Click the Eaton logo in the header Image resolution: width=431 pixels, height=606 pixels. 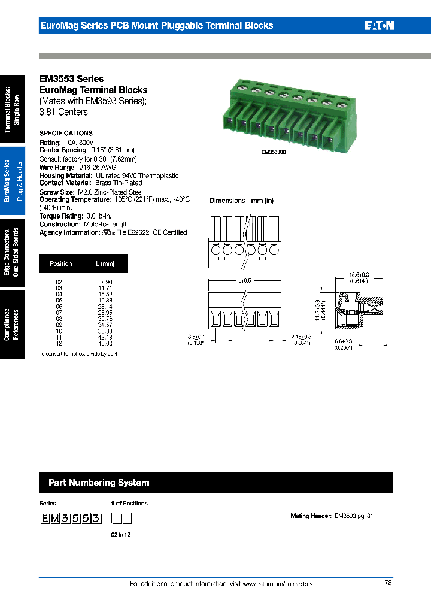pyautogui.click(x=379, y=26)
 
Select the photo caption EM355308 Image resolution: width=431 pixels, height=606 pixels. pyautogui.click(x=274, y=152)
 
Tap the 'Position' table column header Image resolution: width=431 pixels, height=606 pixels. pyautogui.click(x=61, y=263)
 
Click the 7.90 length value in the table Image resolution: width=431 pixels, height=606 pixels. pyautogui.click(x=106, y=281)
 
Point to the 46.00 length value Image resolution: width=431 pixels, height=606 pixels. pyautogui.click(x=105, y=343)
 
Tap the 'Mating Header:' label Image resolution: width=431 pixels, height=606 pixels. pyautogui.click(x=311, y=516)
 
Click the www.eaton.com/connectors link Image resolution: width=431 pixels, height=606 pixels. pyautogui.click(x=277, y=584)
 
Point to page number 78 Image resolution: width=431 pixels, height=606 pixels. pyautogui.click(x=387, y=583)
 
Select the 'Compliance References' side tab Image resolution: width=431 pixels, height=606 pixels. pyautogui.click(x=12, y=324)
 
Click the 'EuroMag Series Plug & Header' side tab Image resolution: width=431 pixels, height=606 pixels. pyautogui.click(x=12, y=181)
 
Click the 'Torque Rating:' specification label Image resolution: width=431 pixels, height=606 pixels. pyautogui.click(x=60, y=216)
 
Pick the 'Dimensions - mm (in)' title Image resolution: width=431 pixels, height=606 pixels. pyautogui.click(x=241, y=201)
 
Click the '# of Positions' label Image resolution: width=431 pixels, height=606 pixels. pyautogui.click(x=129, y=504)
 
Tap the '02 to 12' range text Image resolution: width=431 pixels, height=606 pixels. pyautogui.click(x=120, y=535)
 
